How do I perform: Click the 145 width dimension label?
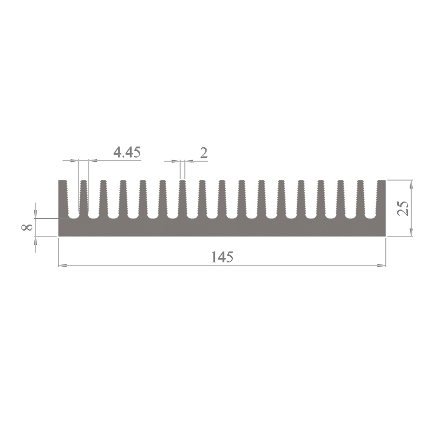click(222, 257)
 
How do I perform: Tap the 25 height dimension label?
click(403, 208)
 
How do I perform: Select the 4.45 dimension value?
click(127, 152)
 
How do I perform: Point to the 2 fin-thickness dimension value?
click(204, 153)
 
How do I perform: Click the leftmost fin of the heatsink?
click(63, 199)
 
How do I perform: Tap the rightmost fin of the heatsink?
click(382, 199)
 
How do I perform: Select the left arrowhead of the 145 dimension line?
click(62, 266)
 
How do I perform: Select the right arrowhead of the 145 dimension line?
click(382, 266)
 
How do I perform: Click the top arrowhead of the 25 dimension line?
click(411, 184)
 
